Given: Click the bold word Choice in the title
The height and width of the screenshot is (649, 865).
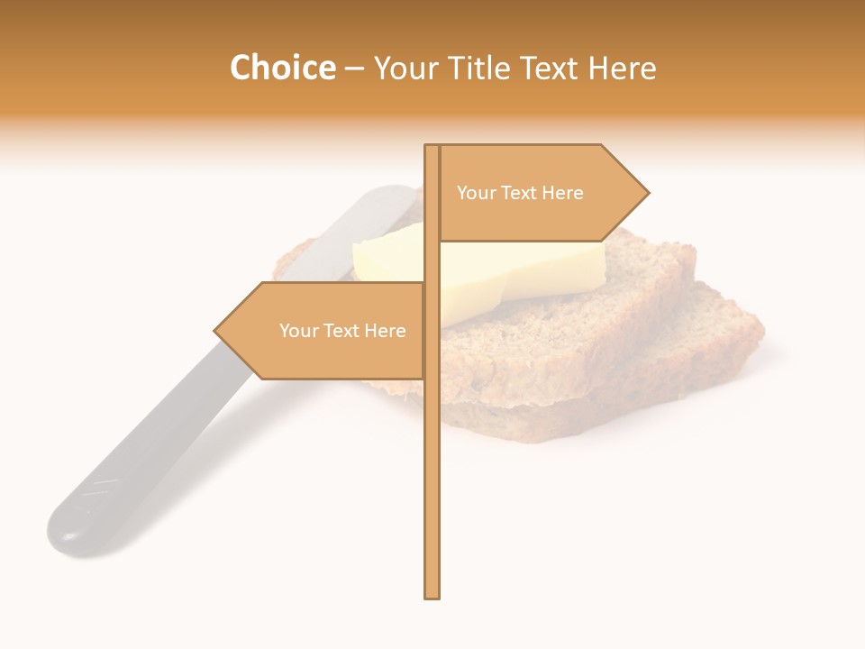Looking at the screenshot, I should point(282,69).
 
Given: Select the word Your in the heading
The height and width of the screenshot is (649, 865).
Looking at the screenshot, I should point(406,69).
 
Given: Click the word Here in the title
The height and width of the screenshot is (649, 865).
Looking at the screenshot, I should point(623,69).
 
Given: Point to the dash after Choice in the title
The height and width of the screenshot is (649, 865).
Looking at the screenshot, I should point(354,69).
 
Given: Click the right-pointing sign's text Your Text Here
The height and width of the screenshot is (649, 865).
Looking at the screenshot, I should point(520,193).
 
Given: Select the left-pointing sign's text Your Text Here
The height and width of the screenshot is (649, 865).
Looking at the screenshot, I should point(342,331).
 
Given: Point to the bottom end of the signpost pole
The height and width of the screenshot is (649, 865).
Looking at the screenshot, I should point(432,595).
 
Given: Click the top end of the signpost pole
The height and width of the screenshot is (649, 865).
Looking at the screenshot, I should point(432,147).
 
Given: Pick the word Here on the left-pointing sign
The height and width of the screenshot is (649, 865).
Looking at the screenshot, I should point(385,331).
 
